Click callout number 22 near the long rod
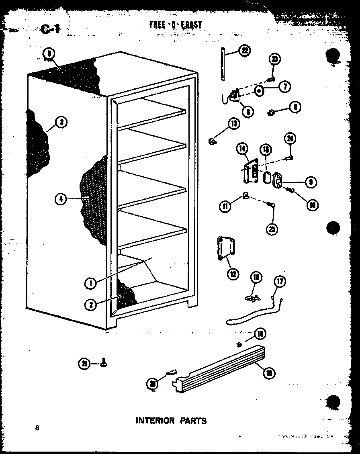(243, 51)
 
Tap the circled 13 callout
(234, 124)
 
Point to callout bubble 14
(242, 149)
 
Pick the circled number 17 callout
(280, 281)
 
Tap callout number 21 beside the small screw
(84, 364)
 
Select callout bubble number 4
(61, 199)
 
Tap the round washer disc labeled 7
(260, 91)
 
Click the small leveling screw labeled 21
(104, 363)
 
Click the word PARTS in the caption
(193, 421)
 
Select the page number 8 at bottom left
(37, 427)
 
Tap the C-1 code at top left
(51, 29)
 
